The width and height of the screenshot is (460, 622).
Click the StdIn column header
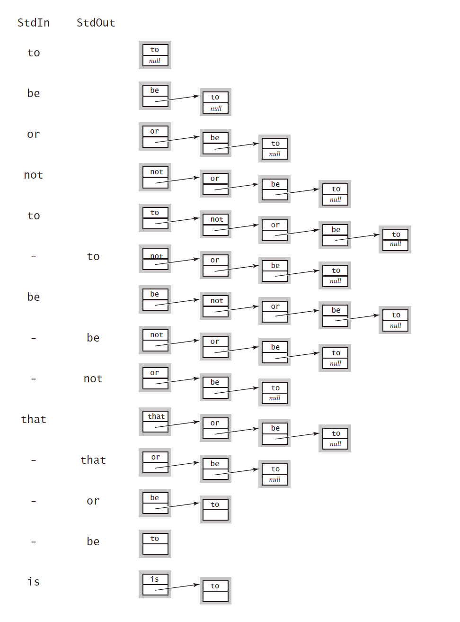(34, 23)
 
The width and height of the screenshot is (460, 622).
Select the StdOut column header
(96, 23)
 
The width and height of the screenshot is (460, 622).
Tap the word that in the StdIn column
(34, 419)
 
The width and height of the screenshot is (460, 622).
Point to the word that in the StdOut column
(93, 460)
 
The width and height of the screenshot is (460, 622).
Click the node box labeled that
(155, 421)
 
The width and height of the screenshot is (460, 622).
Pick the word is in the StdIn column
(34, 582)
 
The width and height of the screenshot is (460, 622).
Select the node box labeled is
(155, 584)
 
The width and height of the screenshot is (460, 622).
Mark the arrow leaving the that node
(177, 424)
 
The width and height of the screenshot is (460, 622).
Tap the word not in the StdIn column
(34, 175)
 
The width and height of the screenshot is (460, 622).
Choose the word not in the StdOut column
(93, 379)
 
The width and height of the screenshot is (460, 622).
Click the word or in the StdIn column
(34, 134)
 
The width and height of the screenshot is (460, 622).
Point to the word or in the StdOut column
(93, 501)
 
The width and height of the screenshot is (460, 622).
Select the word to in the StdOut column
(93, 256)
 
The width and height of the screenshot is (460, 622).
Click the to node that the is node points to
(215, 591)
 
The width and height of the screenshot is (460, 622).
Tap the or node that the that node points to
(215, 428)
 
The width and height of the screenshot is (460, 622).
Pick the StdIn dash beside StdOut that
(34, 460)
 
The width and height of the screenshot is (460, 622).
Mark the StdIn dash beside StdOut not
(34, 379)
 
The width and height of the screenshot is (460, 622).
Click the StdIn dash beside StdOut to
(34, 256)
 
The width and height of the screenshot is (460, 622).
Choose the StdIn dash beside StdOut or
(34, 501)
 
